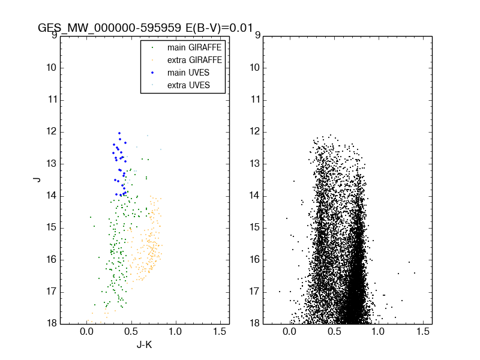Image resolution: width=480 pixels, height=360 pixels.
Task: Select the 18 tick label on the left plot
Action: (52, 323)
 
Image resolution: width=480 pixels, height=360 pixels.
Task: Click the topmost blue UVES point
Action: (119, 133)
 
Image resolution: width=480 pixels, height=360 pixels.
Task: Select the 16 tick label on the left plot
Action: (52, 259)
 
